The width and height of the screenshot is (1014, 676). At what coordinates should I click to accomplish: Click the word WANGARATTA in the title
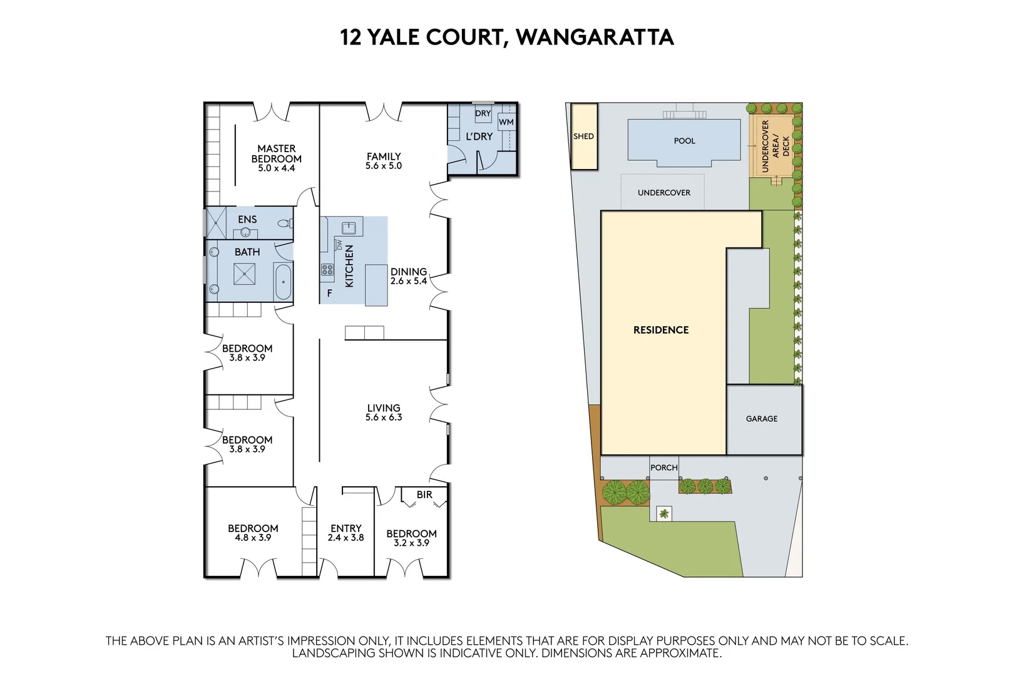point(595,38)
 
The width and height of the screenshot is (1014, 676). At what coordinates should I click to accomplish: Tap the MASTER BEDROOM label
point(276,153)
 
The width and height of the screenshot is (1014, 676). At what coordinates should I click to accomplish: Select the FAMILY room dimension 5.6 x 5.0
point(384,166)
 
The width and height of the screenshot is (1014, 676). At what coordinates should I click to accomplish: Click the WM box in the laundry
point(506,122)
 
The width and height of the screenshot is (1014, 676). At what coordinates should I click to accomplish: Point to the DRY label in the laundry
point(483,113)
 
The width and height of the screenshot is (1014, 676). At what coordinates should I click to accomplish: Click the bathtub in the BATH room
point(283,282)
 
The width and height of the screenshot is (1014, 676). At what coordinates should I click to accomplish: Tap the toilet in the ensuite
point(285,223)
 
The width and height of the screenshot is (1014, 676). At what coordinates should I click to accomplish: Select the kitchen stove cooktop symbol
point(327,270)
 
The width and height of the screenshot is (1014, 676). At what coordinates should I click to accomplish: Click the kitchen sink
point(349,227)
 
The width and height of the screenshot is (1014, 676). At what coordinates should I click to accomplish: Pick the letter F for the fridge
point(330,293)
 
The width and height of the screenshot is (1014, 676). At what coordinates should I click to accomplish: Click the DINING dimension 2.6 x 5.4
point(409,281)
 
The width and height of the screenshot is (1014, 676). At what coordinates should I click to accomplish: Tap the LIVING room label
point(384,407)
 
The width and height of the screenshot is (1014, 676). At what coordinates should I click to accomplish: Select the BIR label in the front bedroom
point(424,494)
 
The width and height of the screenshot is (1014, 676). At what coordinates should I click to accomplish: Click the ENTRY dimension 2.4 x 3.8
point(346,538)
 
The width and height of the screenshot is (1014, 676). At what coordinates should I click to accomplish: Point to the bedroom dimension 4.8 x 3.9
point(253,538)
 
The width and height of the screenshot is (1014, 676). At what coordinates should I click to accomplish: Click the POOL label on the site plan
point(684,141)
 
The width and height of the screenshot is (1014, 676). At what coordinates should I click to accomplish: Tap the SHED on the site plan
point(583,136)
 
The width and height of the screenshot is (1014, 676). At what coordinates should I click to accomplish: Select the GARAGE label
point(762,419)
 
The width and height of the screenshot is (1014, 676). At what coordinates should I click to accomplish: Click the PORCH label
point(663,468)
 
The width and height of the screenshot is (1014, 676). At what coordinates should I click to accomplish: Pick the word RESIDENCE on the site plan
point(661,330)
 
